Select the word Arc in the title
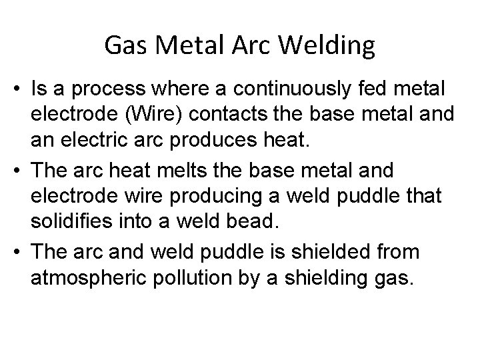point(255,46)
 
